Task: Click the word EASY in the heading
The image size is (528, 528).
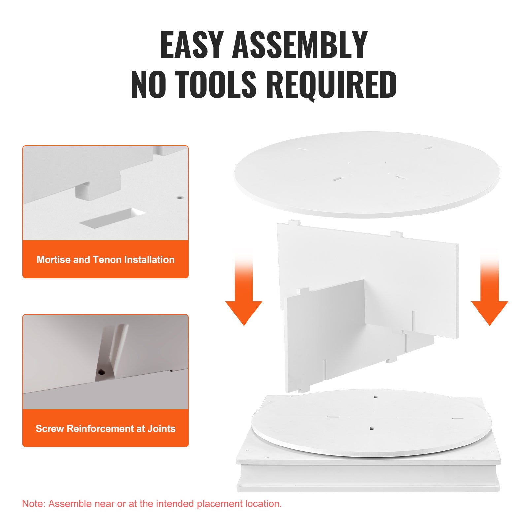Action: tap(192, 45)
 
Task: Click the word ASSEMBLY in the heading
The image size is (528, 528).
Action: tap(300, 45)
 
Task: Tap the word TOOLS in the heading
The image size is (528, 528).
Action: tap(215, 84)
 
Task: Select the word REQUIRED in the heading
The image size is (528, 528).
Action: tap(331, 85)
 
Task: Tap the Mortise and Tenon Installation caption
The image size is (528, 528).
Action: tap(106, 260)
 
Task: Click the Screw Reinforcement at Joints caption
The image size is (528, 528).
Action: tap(106, 429)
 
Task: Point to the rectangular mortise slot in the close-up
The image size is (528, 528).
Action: tap(112, 217)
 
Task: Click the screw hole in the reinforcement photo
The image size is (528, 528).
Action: tap(101, 372)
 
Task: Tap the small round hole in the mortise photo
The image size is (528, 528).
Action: tap(180, 198)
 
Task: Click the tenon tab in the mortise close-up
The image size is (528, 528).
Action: tap(87, 191)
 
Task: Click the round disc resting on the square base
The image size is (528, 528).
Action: tap(372, 423)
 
